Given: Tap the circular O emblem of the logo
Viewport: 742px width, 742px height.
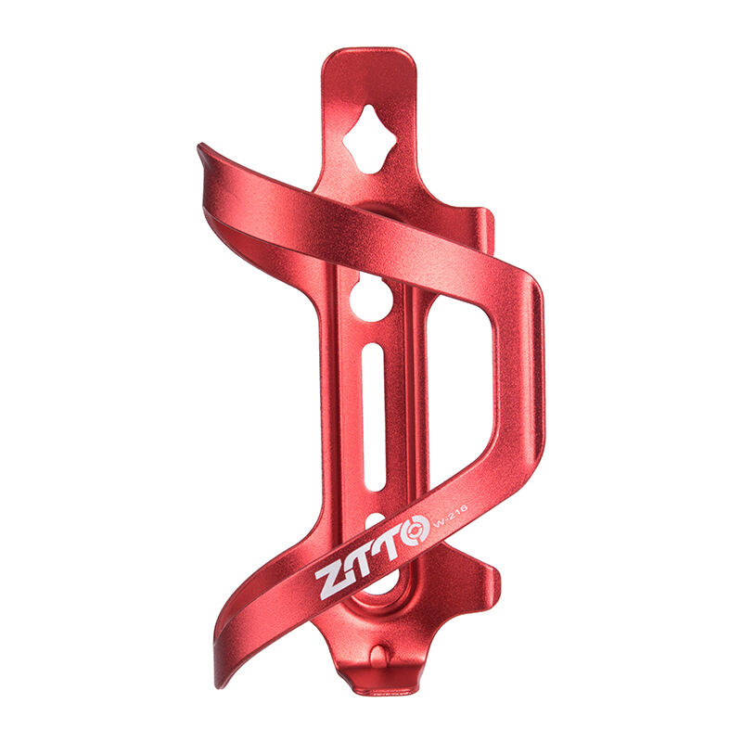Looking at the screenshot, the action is pyautogui.click(x=414, y=531).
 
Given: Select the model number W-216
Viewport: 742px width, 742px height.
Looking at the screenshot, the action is pyautogui.click(x=449, y=514).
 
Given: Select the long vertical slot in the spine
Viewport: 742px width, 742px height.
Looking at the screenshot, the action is pyautogui.click(x=373, y=416).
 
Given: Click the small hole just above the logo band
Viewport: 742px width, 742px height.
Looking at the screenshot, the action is pyautogui.click(x=376, y=521).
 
